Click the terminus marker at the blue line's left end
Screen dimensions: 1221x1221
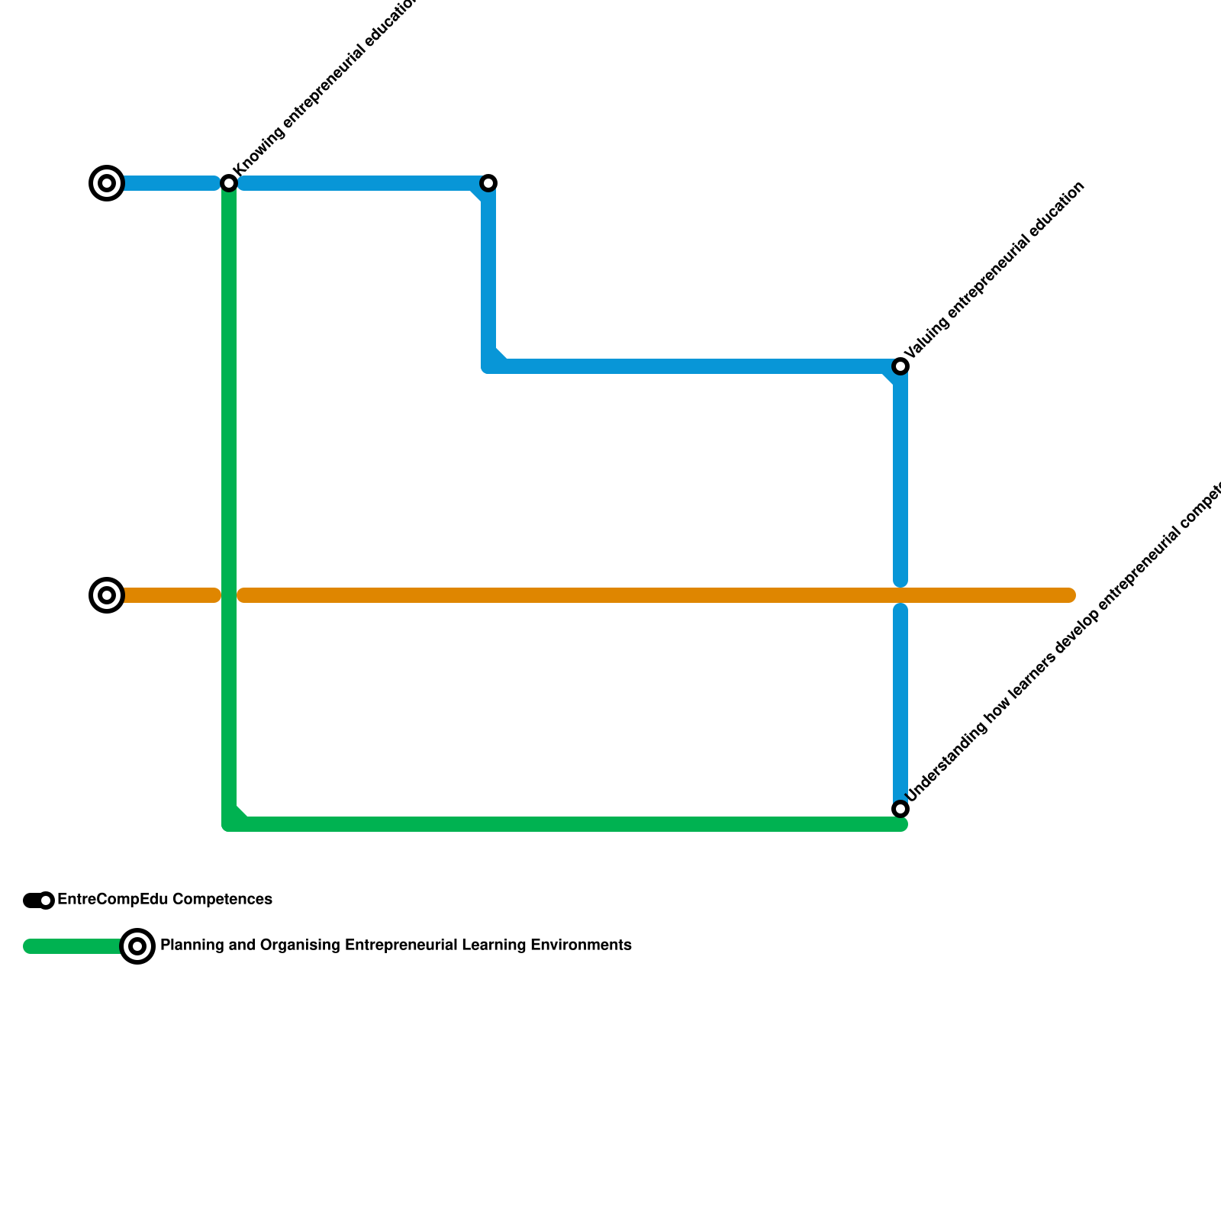coord(107,183)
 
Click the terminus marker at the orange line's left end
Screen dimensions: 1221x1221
coord(107,595)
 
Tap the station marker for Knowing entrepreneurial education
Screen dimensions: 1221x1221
coord(229,183)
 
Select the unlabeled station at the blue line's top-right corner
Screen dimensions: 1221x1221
coord(488,183)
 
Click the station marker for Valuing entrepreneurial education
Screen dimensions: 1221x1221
coord(900,366)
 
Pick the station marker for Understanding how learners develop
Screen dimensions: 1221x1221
coord(900,809)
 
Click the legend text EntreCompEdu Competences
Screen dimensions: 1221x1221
coord(165,900)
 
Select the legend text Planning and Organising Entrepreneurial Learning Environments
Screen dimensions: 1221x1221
coord(395,946)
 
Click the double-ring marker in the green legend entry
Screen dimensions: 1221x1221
coord(137,946)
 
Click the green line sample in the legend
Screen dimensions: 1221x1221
coord(72,946)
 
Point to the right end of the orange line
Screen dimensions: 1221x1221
coord(1070,595)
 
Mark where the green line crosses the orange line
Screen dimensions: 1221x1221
coord(229,595)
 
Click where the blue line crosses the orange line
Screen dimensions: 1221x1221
coord(900,595)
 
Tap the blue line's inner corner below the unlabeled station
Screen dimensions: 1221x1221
coord(488,366)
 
